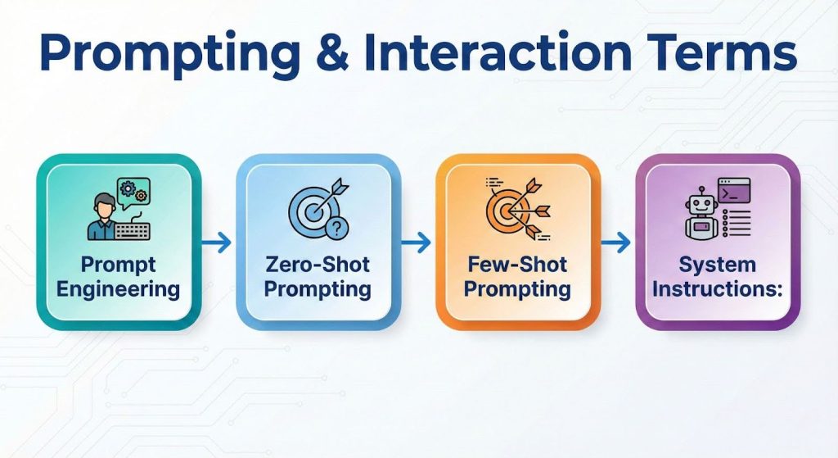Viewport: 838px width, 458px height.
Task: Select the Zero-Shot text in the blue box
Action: (x=318, y=265)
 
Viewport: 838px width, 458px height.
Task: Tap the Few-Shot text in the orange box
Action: (x=518, y=265)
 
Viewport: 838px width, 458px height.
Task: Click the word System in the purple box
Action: (x=718, y=265)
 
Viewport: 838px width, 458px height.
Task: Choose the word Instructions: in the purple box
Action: (x=718, y=288)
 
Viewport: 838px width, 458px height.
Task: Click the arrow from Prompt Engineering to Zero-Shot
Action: (x=216, y=243)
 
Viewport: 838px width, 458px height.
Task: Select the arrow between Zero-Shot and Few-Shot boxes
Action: (x=417, y=243)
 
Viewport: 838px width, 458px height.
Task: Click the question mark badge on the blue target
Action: (x=334, y=230)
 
